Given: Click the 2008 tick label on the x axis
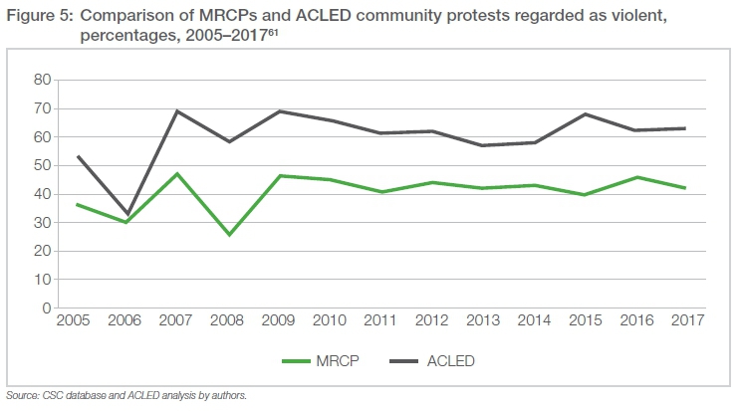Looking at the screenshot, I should pos(229,322).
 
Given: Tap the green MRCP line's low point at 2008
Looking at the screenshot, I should pos(229,235).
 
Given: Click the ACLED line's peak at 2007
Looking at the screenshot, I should pos(176,110).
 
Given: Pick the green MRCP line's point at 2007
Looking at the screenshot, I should pos(176,173).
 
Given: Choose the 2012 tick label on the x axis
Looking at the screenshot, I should pos(432,322).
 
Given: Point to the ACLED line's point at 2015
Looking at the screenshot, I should pos(585,113).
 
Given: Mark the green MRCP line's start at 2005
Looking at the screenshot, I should pos(75,205).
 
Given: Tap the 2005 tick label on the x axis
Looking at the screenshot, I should pos(75,322).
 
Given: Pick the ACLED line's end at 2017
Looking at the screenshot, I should pos(685,128).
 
